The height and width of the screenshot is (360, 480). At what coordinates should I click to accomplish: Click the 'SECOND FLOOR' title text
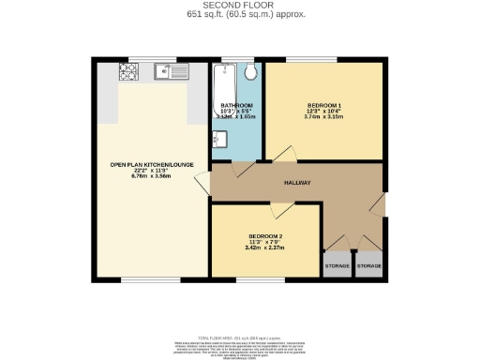240,4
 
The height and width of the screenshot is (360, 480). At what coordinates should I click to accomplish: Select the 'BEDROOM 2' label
265,235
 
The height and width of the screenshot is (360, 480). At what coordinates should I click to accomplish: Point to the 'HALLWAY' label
297,183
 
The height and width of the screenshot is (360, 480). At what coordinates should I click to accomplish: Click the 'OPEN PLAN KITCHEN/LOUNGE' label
151,164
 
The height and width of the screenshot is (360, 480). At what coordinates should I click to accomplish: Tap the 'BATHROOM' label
236,105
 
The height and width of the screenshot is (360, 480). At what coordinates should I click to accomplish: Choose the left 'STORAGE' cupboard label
337,266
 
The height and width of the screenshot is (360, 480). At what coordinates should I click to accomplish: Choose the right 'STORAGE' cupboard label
369,266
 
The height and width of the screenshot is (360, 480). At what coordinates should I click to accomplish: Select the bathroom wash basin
217,140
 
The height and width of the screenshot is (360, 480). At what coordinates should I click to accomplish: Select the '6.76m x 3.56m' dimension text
151,175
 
